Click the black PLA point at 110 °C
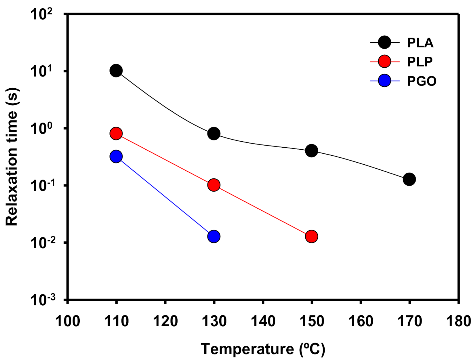pyautogui.click(x=116, y=71)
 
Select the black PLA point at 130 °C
pyautogui.click(x=214, y=134)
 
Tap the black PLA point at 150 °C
pyautogui.click(x=311, y=151)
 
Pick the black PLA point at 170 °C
pyautogui.click(x=409, y=179)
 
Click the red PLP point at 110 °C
pyautogui.click(x=116, y=134)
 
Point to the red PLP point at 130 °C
pyautogui.click(x=214, y=185)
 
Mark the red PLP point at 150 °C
pyautogui.click(x=311, y=236)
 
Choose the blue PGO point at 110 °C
pyautogui.click(x=116, y=157)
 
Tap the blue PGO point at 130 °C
pyautogui.click(x=214, y=236)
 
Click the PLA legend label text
pyautogui.click(x=420, y=43)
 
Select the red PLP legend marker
pyautogui.click(x=384, y=62)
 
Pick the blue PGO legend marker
pyautogui.click(x=384, y=81)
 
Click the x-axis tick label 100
pyautogui.click(x=67, y=321)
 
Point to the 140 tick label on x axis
pyautogui.click(x=263, y=321)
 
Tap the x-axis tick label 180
pyautogui.click(x=458, y=321)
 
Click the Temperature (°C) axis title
pyautogui.click(x=263, y=349)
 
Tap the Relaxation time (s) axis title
pyautogui.click(x=12, y=157)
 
